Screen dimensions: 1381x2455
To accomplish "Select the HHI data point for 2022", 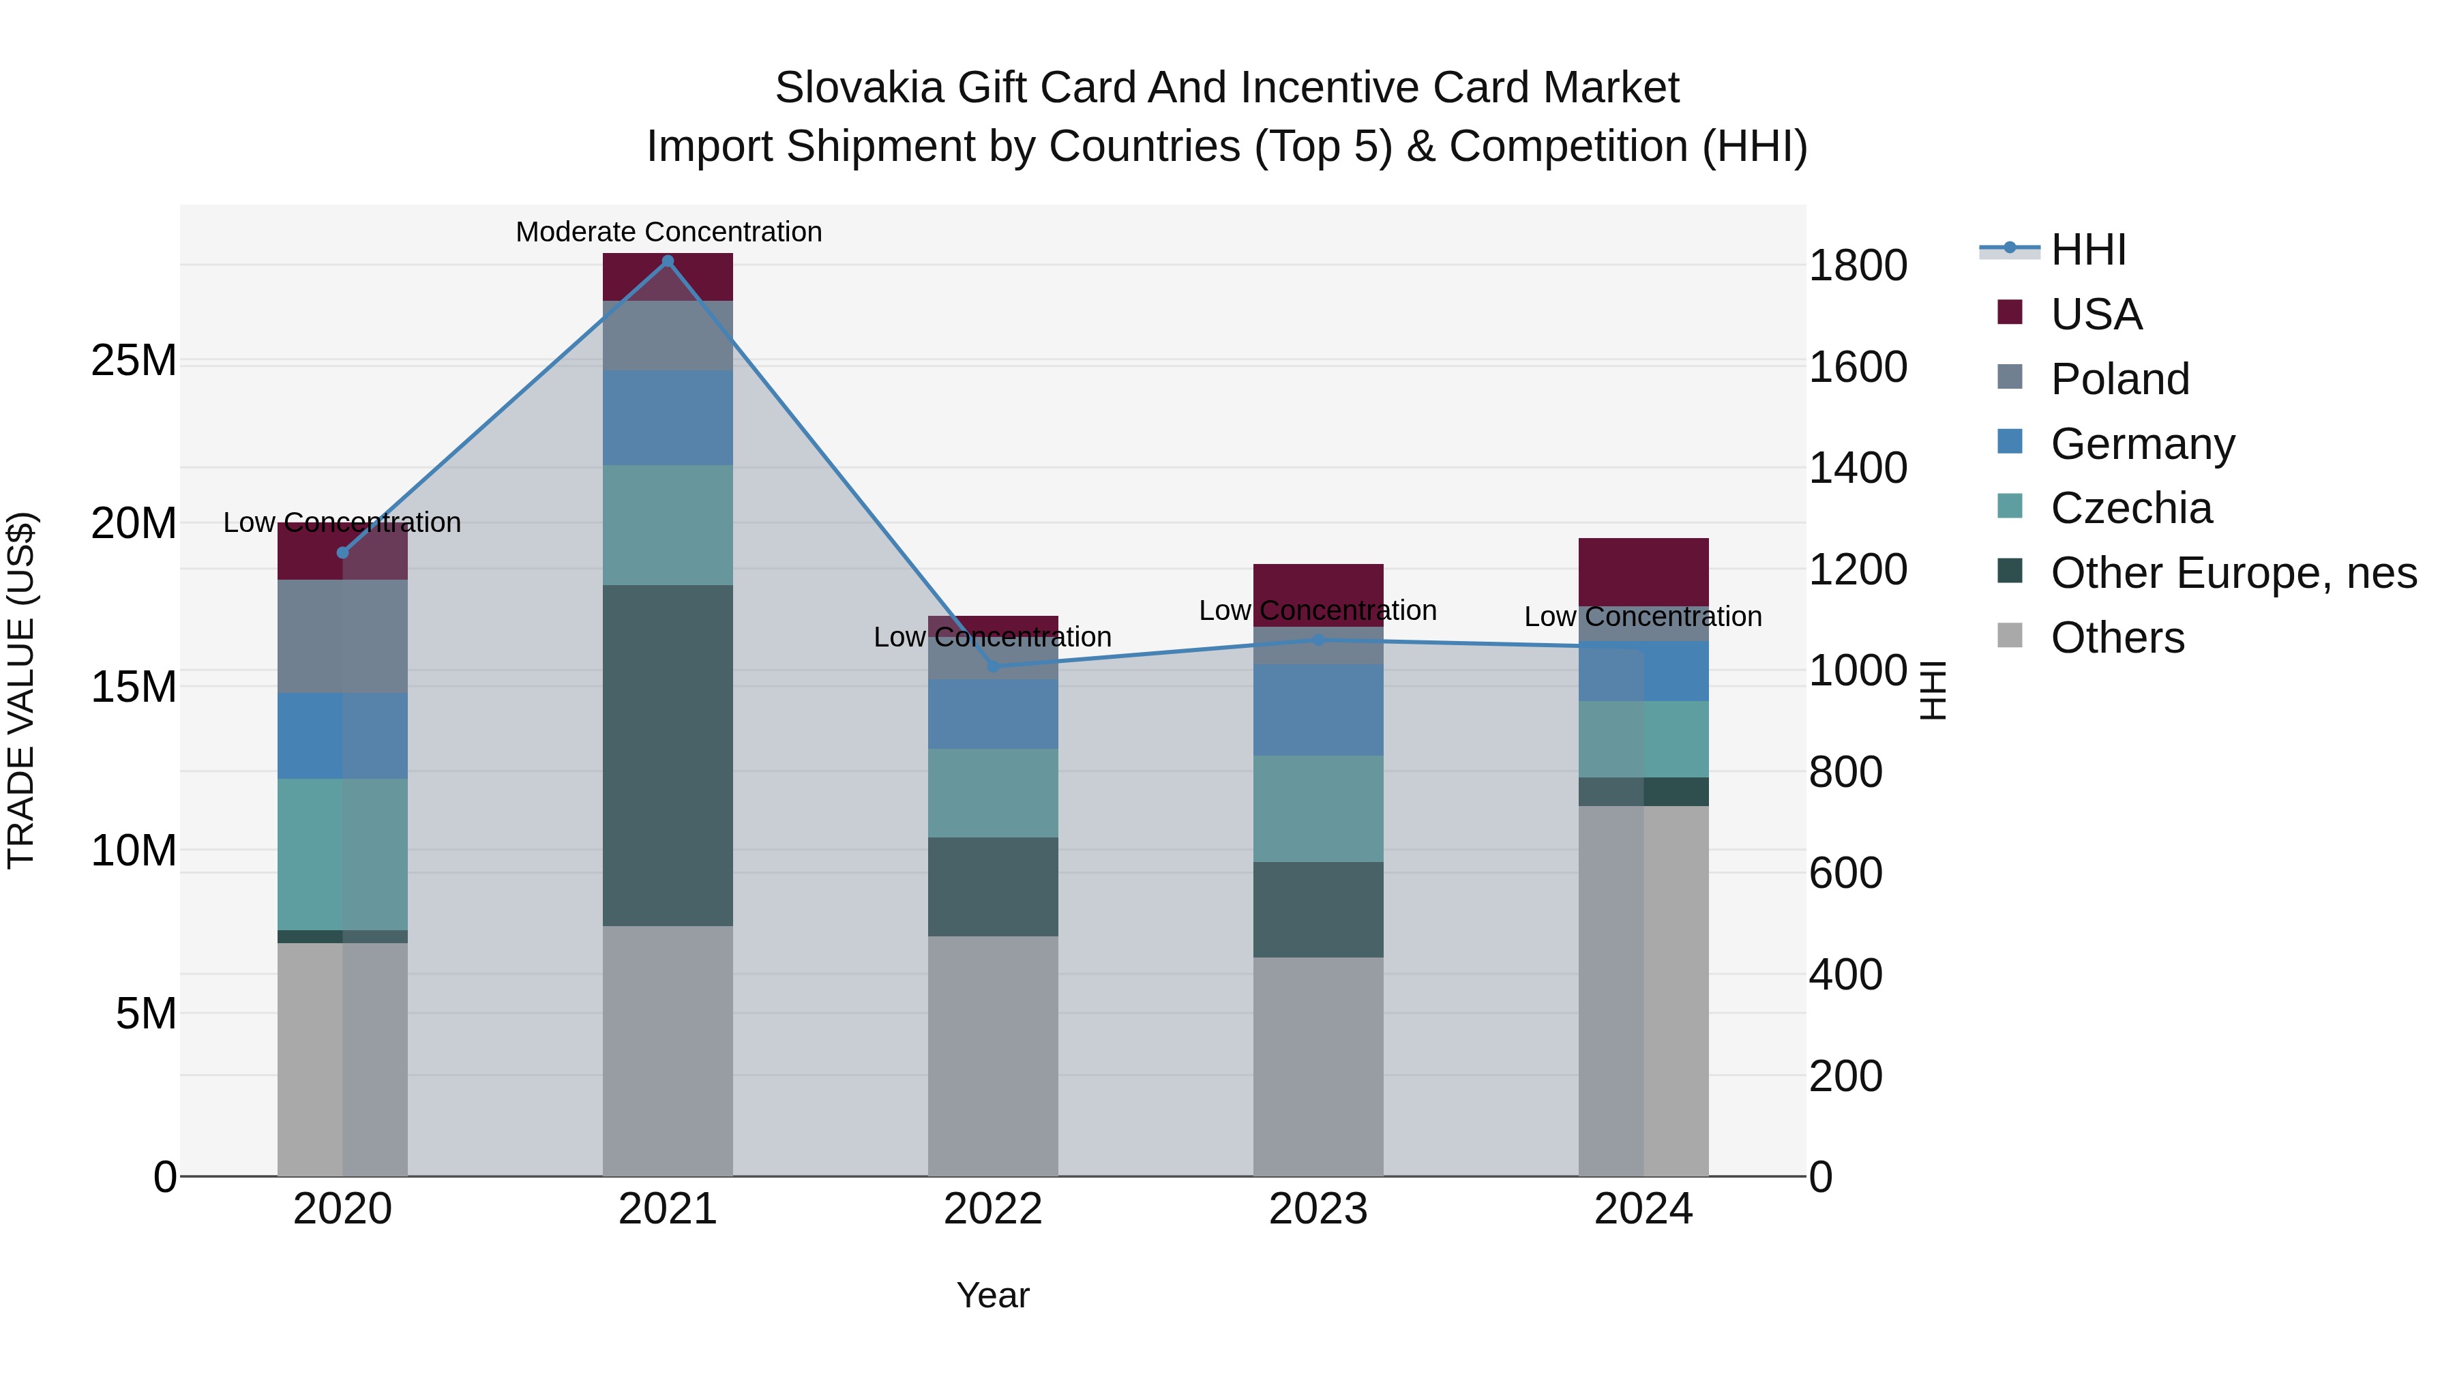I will click(993, 666).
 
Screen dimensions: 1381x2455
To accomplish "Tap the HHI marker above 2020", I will click(342, 553).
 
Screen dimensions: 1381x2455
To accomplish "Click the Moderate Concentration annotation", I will click(668, 232).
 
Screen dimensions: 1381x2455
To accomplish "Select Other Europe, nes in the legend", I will click(2232, 573).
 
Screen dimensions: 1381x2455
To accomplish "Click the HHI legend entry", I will click(2087, 250).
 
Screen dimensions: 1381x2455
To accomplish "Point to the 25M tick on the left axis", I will click(134, 361).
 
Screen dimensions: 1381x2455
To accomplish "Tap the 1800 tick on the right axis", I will click(1858, 266).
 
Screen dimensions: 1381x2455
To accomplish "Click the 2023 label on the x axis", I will click(1318, 1209).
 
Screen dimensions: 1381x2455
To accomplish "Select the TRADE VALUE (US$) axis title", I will click(21, 690).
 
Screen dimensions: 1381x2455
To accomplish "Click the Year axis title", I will click(992, 1295).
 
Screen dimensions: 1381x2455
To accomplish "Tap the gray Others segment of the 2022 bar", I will click(993, 1055).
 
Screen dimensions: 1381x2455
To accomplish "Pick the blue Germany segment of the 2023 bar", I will click(1318, 710).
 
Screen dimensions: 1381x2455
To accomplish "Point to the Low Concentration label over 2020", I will click(342, 522).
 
